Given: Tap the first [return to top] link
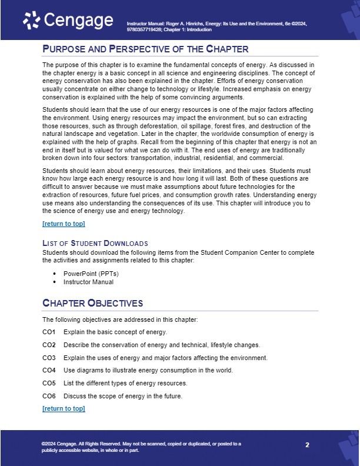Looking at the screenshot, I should [64, 224].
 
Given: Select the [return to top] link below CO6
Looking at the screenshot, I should [64, 408].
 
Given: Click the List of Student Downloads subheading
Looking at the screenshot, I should [95, 243].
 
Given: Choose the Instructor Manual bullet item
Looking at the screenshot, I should [89, 282].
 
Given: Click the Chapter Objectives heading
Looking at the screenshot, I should [92, 303].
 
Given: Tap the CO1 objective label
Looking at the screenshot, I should [49, 332].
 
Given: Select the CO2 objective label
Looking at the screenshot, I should [49, 345].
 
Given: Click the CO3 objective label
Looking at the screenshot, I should [49, 358].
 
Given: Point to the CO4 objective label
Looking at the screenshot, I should [49, 371].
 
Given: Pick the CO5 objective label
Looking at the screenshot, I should [49, 383].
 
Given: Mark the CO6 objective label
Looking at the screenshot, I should [49, 396].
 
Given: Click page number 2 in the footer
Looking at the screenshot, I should [307, 445].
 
